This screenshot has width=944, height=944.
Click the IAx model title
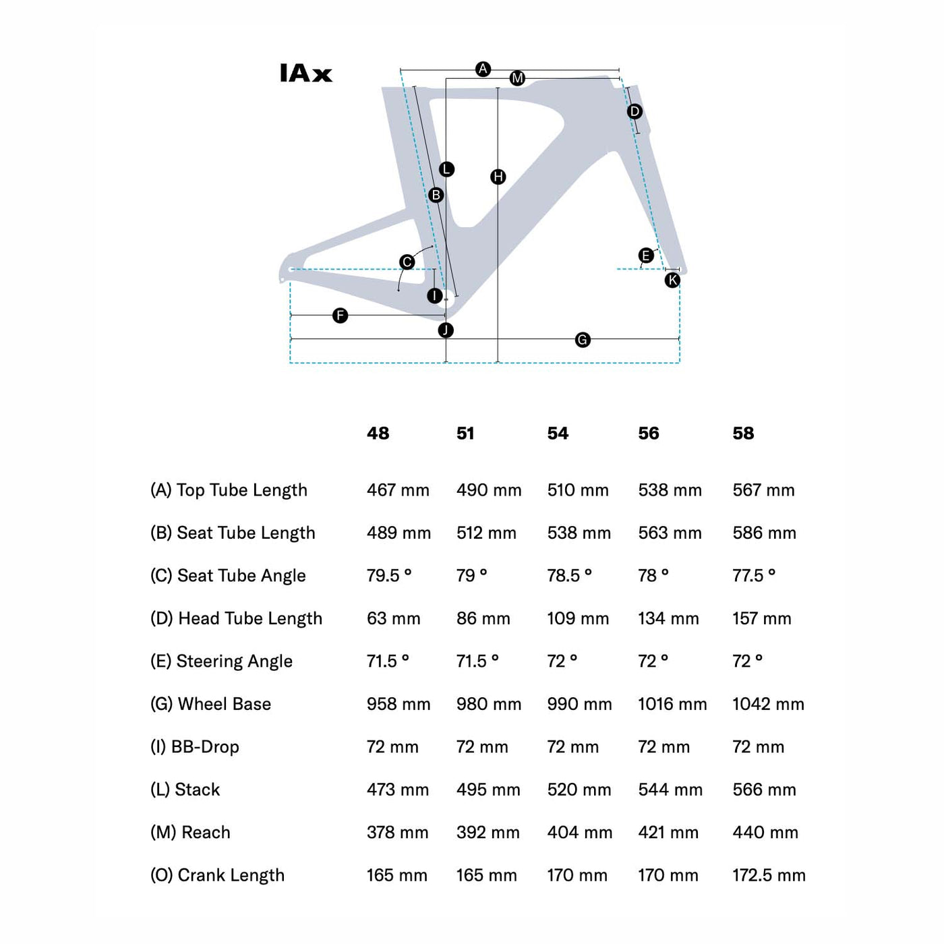[x=306, y=73]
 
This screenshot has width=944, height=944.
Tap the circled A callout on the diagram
[x=483, y=69]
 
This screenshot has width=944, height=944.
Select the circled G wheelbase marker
[x=583, y=340]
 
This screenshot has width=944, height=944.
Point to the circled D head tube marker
[x=635, y=111]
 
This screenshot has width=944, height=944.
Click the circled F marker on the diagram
[x=341, y=316]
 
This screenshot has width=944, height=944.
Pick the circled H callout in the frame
[x=498, y=177]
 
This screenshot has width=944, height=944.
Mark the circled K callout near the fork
[x=672, y=281]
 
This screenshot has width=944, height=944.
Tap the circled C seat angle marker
[x=407, y=262]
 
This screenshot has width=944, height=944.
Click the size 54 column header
[x=558, y=434]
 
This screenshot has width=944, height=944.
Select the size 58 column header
[x=743, y=434]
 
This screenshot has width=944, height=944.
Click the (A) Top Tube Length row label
[x=229, y=490]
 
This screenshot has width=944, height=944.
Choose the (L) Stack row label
[x=185, y=790]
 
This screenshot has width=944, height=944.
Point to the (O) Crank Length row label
[x=217, y=875]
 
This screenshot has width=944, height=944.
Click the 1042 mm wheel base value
[x=768, y=704]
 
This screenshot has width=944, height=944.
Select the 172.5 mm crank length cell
[x=769, y=875]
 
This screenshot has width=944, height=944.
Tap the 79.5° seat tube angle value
[x=389, y=576]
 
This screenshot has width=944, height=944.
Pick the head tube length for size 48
[x=393, y=618]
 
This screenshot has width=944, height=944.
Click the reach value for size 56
[x=668, y=833]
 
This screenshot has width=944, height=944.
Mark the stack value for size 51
[x=488, y=790]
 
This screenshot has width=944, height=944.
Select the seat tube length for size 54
[x=579, y=533]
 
